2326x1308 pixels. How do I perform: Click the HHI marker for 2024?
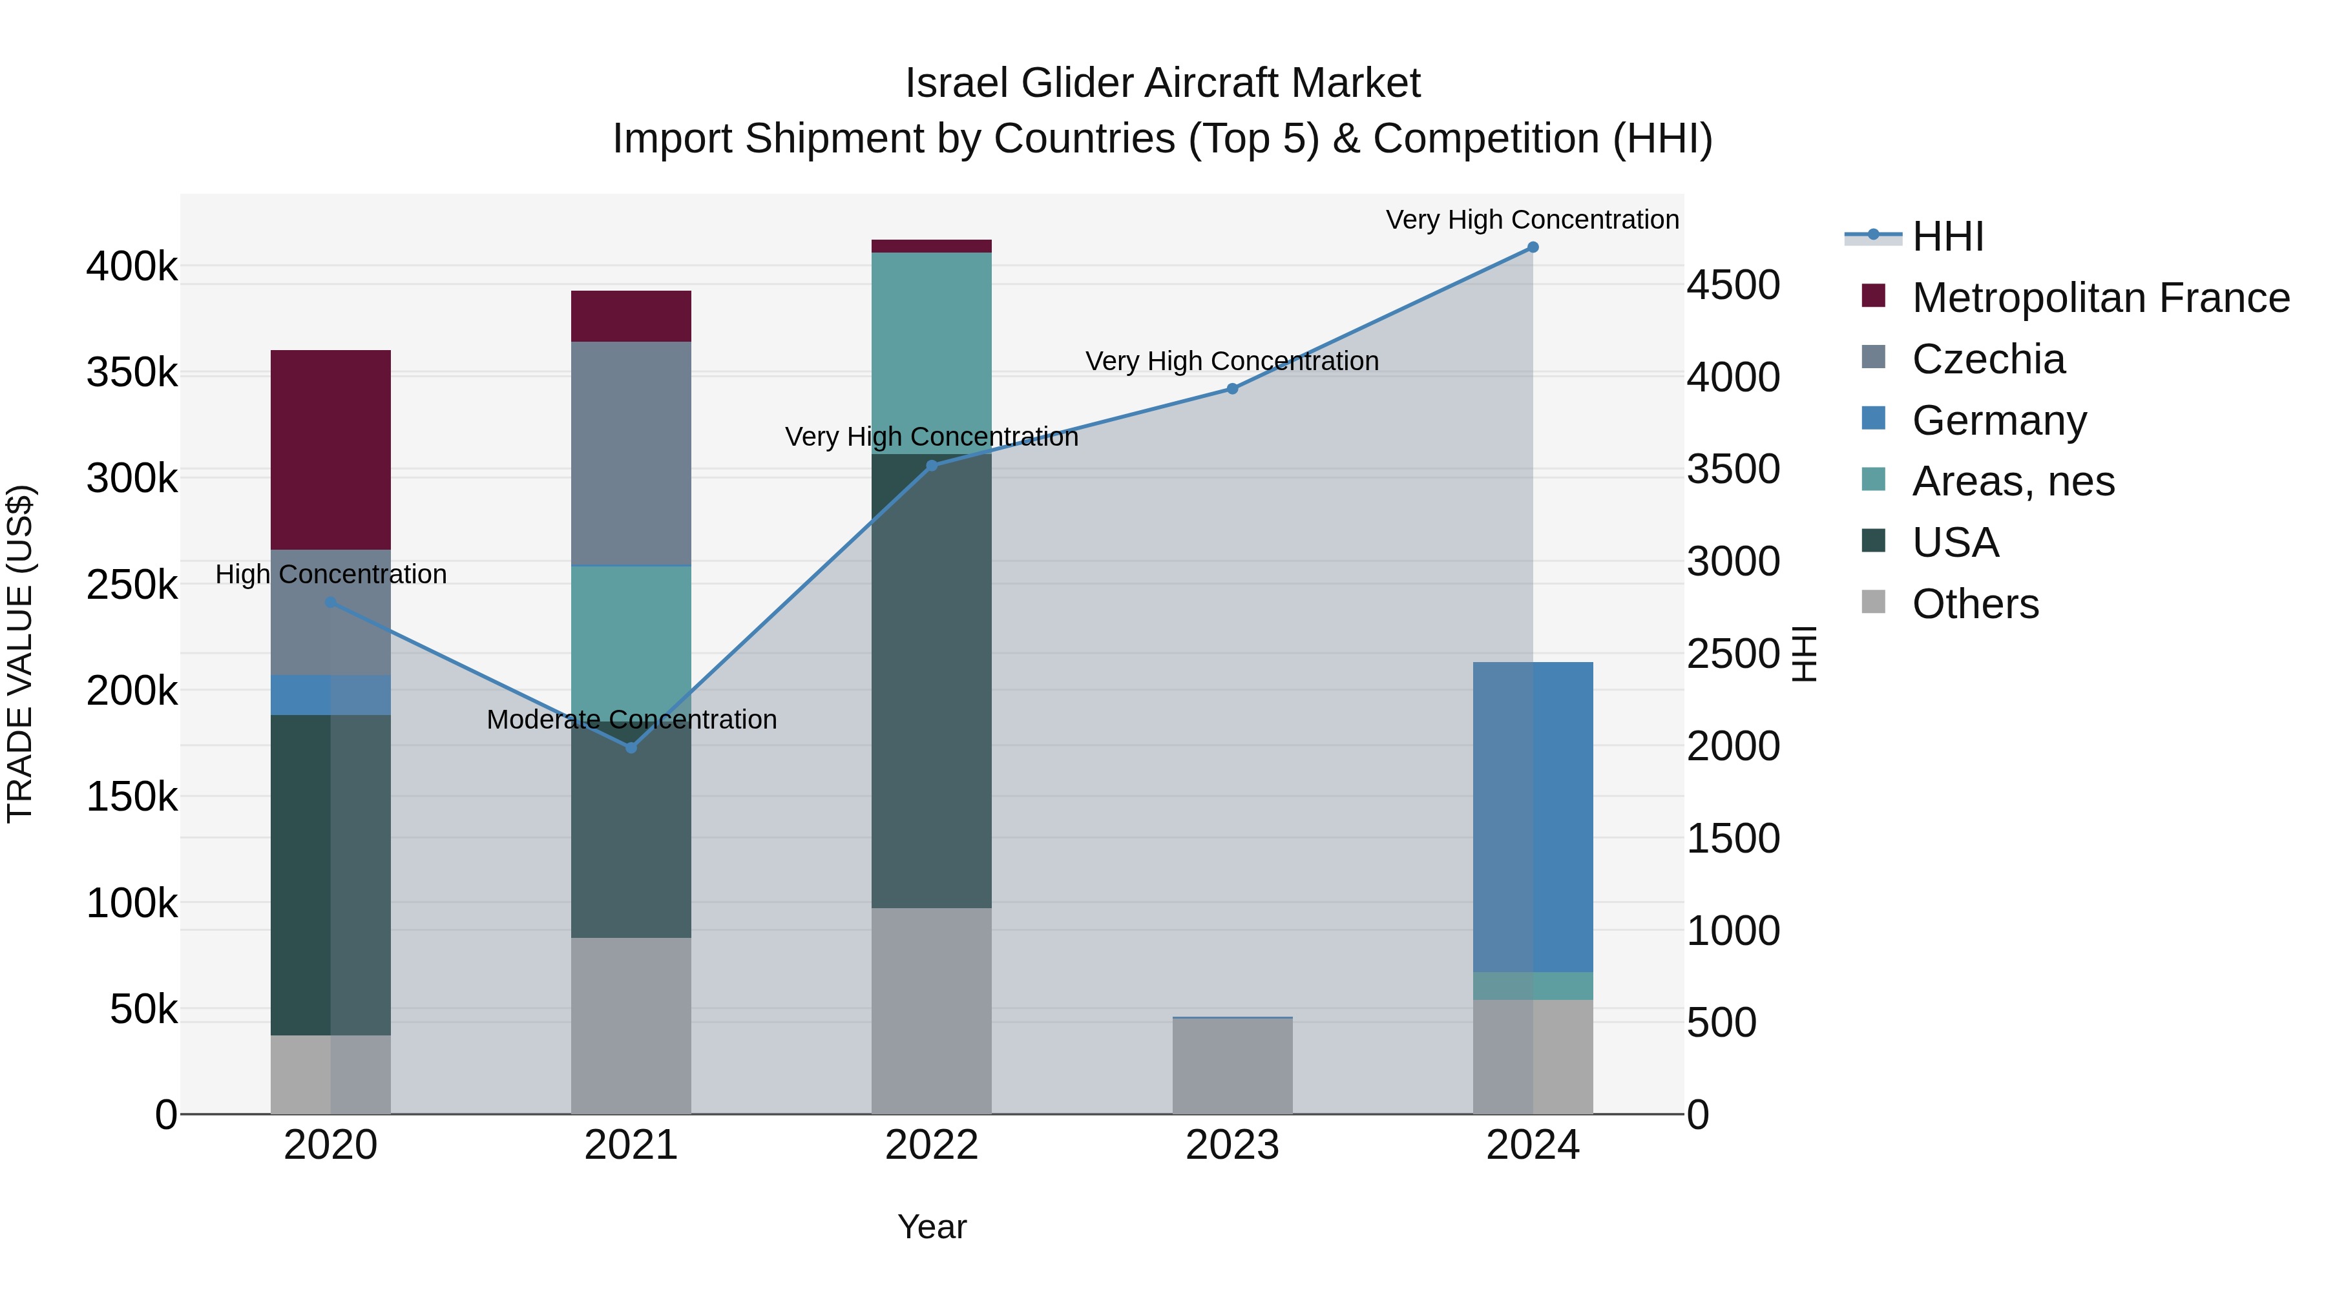pos(1533,247)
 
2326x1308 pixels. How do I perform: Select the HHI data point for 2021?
pos(631,747)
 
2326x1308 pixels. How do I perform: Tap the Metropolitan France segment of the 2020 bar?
pos(330,450)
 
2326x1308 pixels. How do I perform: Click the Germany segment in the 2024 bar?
pos(1533,817)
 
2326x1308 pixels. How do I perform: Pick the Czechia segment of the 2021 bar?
pos(631,453)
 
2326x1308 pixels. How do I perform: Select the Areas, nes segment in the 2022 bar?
pos(931,353)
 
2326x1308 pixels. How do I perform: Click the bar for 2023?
pos(1231,1065)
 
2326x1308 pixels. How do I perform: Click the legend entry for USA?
pos(1955,543)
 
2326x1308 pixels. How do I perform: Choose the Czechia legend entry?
pos(1987,359)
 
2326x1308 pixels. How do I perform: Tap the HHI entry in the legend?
pos(1947,236)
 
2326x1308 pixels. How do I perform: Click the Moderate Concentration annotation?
pos(631,720)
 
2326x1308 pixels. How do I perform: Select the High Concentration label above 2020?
pos(330,574)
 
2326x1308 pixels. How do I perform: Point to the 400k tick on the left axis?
pos(132,267)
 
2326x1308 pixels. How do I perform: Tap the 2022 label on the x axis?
pos(931,1145)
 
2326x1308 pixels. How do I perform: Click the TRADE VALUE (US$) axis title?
pos(20,654)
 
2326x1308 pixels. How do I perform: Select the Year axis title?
pos(931,1227)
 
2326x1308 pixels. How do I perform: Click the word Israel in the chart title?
pos(956,83)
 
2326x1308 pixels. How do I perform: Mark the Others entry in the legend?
pos(1975,604)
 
